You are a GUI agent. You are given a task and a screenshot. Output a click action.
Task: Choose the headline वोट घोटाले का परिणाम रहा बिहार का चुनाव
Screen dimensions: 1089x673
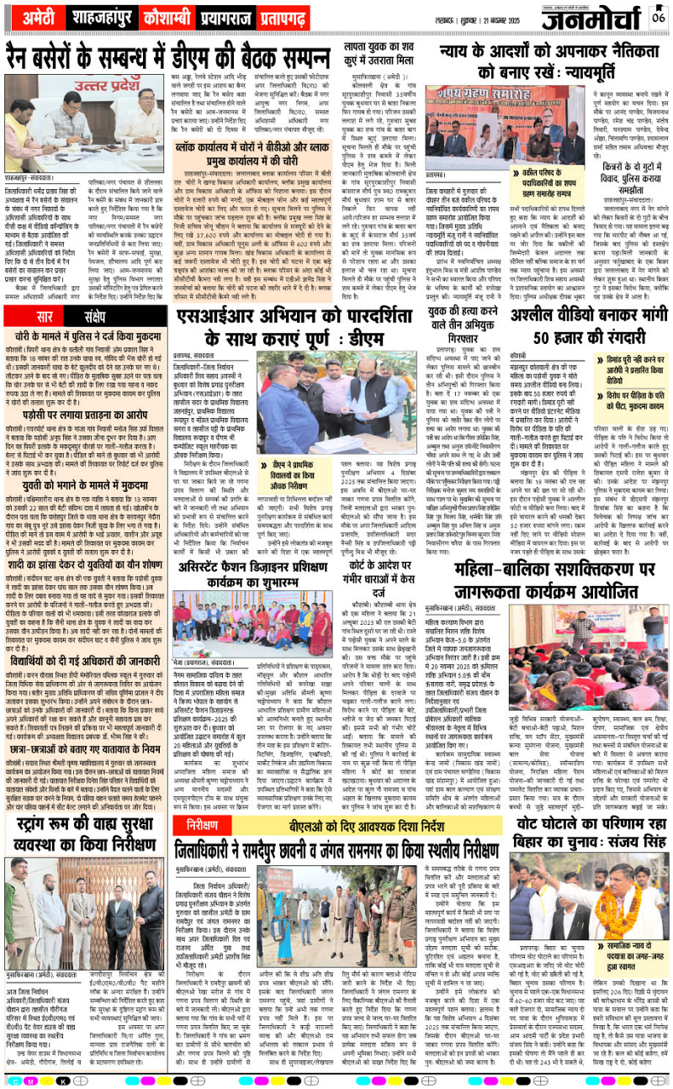(x=586, y=811)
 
